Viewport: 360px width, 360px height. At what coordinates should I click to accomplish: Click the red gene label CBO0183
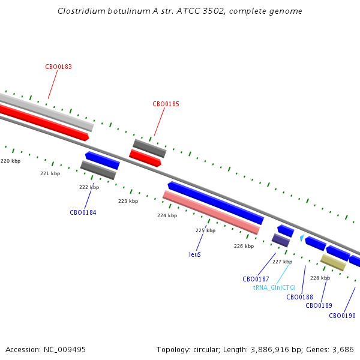point(59,67)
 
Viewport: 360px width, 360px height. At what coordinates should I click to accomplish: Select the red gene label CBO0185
point(166,104)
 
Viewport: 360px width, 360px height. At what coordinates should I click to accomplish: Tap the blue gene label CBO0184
point(83,212)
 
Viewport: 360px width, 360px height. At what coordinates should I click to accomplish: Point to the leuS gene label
point(195,254)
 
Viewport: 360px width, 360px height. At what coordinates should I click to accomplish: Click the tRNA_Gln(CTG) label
point(274,287)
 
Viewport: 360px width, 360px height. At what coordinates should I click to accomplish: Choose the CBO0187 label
point(256,279)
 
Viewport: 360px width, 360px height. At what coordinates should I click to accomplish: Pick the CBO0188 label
point(299,297)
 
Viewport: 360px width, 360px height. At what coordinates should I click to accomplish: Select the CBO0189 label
point(319,305)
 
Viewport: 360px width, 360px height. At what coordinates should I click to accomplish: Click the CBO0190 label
point(342,316)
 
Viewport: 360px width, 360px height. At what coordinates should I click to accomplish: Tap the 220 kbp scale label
point(11,161)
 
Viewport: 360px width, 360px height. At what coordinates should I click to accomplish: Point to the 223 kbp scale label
point(128,201)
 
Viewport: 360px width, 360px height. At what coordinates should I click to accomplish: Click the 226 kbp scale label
point(244,246)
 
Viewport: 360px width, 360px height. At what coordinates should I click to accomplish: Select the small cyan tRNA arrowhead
point(302,238)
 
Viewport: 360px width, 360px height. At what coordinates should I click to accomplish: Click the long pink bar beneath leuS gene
point(211,212)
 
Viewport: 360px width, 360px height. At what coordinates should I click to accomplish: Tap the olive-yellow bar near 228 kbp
point(333,262)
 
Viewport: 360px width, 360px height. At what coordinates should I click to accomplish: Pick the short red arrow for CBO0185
point(145,158)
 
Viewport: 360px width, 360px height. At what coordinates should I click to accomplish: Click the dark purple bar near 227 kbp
point(281,240)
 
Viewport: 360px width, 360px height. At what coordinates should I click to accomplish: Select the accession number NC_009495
point(65,350)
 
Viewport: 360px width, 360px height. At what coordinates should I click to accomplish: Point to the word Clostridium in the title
point(82,11)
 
